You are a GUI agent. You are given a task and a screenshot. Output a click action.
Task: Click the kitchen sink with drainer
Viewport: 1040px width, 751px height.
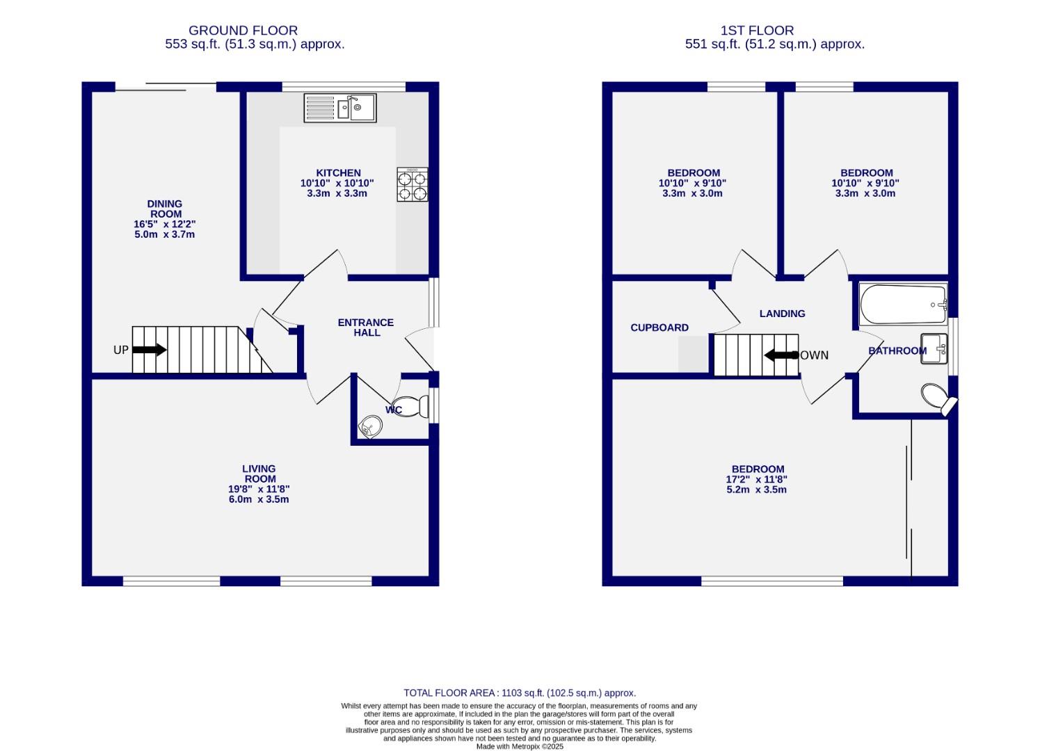tap(339, 108)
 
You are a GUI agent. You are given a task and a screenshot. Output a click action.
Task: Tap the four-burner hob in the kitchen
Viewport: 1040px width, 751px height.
tap(412, 185)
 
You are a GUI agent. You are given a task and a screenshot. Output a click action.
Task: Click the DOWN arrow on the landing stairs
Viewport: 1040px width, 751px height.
tap(781, 355)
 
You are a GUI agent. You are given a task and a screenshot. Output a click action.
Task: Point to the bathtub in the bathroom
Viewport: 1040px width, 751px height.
tap(902, 305)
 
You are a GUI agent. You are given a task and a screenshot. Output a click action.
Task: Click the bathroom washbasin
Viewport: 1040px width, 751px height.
tap(934, 348)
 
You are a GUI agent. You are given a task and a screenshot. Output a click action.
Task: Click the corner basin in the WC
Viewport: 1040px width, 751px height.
tap(370, 426)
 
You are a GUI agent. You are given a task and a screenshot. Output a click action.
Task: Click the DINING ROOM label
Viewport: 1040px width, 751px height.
tap(165, 209)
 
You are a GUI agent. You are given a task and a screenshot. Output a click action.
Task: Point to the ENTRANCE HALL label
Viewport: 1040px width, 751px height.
tap(366, 328)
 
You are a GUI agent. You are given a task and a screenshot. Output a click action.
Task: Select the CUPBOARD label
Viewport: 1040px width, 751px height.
tap(659, 328)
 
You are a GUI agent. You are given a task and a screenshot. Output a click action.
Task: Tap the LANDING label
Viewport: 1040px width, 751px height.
tap(782, 314)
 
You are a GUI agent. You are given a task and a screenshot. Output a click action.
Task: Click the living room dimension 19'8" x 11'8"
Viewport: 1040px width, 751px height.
tap(259, 489)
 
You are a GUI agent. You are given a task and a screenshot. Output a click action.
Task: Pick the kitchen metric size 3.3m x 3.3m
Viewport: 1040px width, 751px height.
tap(337, 193)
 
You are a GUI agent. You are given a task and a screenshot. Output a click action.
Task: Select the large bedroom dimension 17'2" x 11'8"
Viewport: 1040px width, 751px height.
tap(757, 479)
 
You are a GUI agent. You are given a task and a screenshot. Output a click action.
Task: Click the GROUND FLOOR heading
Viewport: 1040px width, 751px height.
tap(243, 31)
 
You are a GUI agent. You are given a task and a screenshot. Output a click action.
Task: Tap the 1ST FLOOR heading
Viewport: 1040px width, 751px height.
tap(757, 31)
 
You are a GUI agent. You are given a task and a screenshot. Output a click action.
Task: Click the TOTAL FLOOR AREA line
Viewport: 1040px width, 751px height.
tap(520, 693)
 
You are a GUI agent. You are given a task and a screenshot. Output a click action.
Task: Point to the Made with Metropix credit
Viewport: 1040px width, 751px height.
tap(520, 746)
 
